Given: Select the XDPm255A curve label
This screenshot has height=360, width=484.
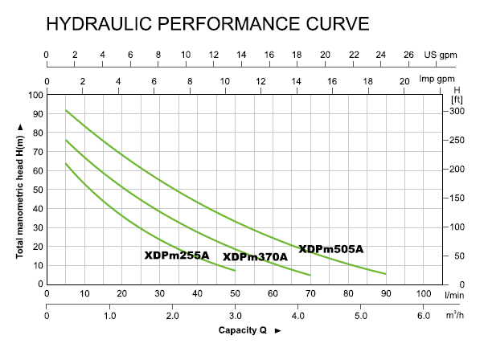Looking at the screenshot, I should (x=176, y=256).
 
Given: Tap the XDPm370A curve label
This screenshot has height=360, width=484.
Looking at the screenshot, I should (x=255, y=257).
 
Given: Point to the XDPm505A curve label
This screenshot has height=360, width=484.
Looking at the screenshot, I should (x=330, y=249).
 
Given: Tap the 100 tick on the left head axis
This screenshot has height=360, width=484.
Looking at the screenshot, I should (x=35, y=95).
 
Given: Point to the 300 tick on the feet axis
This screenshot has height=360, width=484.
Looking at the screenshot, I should (x=456, y=111).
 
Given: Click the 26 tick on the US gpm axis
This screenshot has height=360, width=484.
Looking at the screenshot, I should (x=408, y=54).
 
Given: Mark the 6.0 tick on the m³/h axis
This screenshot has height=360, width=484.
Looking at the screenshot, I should (x=424, y=315).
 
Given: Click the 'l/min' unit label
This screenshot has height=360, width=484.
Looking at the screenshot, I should (x=455, y=294).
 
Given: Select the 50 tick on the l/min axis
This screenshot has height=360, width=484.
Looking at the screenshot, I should (x=235, y=294).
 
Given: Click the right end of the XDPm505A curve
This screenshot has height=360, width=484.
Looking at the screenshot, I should (x=386, y=274).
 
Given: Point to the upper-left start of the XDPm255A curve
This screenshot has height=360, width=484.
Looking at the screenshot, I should (x=66, y=164).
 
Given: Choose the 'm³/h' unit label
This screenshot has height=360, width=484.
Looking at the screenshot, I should (x=455, y=315).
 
